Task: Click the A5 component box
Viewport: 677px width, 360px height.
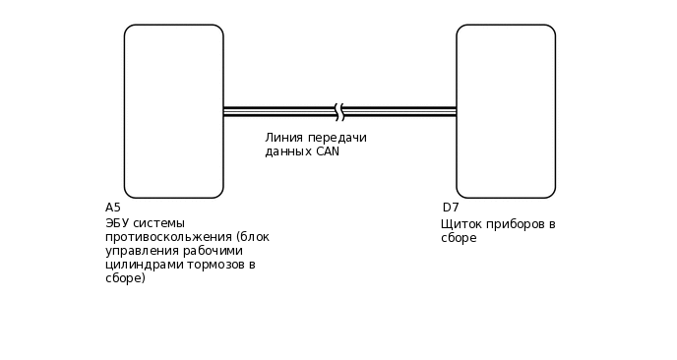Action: tap(173, 111)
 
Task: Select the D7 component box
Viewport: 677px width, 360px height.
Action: tap(506, 111)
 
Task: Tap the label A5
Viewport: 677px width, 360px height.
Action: tap(113, 208)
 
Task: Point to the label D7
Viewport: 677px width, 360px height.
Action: tap(451, 208)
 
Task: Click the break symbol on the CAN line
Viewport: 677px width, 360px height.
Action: tap(339, 111)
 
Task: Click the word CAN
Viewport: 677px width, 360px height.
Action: tap(328, 152)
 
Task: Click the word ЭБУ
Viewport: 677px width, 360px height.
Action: tap(117, 223)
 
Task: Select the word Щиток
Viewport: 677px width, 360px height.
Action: tap(461, 224)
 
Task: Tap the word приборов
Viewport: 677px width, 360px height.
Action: tap(514, 224)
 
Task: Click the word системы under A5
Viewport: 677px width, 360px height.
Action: tap(158, 223)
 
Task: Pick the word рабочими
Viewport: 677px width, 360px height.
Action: tap(211, 251)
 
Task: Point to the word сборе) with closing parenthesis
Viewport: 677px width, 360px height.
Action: tap(125, 278)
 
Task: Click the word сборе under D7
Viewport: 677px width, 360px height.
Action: tap(459, 238)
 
